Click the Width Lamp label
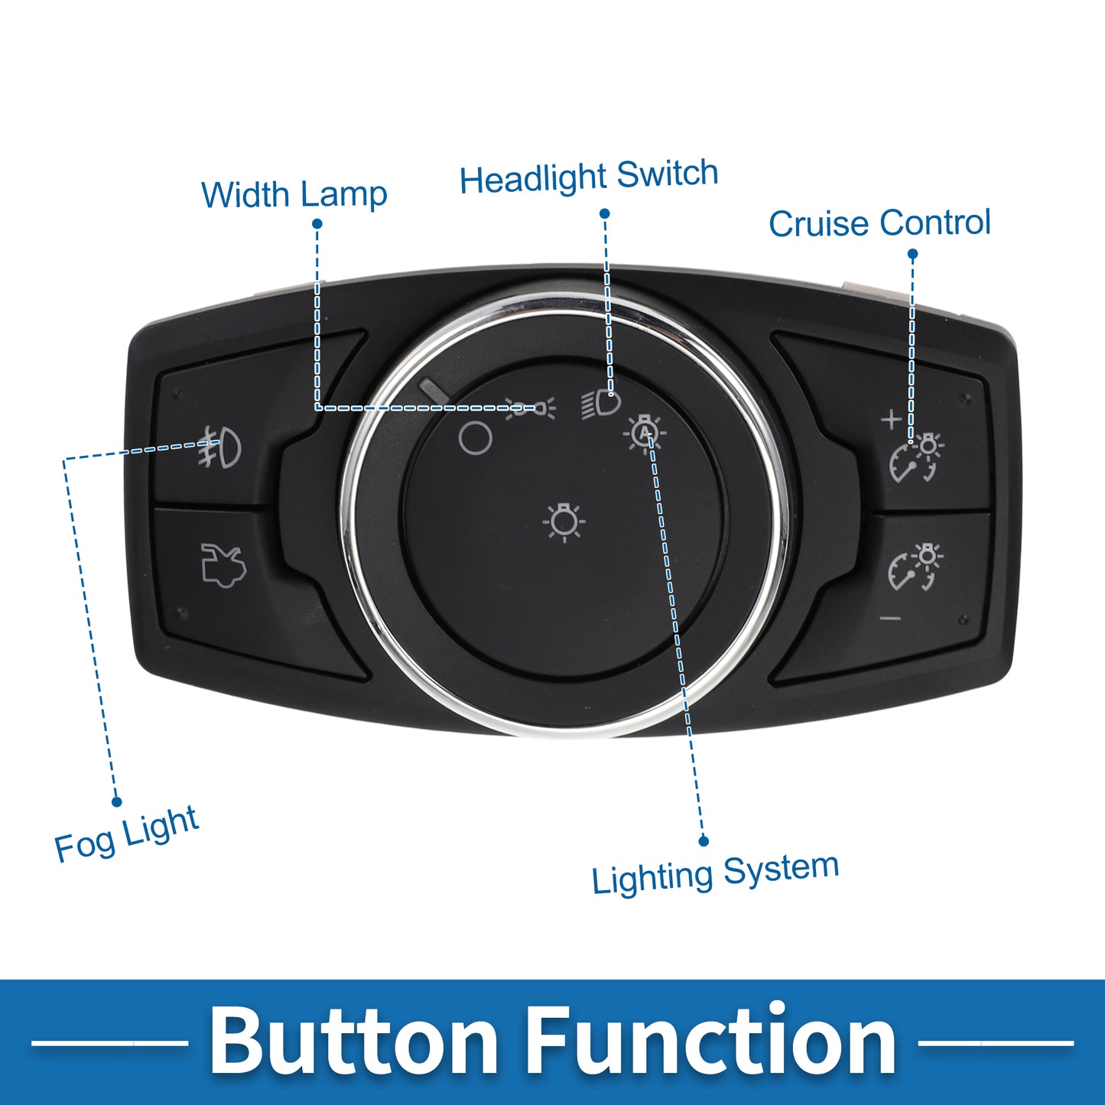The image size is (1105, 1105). coord(294,194)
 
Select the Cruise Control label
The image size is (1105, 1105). coord(879,223)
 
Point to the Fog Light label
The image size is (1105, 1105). coord(126,834)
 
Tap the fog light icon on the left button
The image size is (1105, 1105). coord(219,447)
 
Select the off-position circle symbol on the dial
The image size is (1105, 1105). coord(476,439)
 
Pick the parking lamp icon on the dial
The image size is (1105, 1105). coord(530,408)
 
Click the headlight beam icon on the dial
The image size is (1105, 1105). coord(601,404)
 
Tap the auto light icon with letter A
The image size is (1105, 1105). coord(645,434)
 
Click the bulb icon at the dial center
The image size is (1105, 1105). coord(564,522)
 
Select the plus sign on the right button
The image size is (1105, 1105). coord(892,420)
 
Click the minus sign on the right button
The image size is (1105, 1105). coord(890,618)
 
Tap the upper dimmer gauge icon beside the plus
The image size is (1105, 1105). coord(916,458)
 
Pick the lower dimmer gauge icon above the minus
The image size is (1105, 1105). coord(916,567)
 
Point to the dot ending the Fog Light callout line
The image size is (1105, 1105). coord(117,801)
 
